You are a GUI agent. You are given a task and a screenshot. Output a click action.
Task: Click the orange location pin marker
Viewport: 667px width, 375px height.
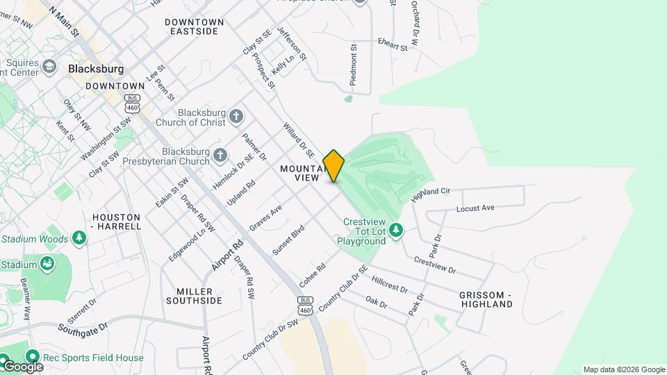coord(333,166)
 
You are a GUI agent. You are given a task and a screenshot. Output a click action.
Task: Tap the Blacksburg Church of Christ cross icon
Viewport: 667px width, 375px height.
coord(237,116)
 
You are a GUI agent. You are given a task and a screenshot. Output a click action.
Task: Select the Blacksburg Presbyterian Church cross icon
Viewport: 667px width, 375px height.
coord(220,155)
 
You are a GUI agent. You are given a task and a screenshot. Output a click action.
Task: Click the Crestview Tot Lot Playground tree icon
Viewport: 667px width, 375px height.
coord(396,229)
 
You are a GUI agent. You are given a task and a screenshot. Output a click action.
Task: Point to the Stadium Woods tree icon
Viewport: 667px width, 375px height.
coord(80,238)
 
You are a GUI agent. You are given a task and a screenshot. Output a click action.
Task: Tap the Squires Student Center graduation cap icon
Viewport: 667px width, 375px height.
coord(49,66)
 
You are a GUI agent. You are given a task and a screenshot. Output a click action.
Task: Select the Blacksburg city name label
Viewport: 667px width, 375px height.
coord(96,69)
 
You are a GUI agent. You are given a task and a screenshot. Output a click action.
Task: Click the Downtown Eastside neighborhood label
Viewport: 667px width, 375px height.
coord(195,26)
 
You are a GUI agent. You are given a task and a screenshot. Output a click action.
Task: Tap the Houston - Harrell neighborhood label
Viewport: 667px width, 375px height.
coord(117,222)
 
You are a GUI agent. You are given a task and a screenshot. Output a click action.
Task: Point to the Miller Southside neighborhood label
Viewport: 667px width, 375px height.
coord(194,296)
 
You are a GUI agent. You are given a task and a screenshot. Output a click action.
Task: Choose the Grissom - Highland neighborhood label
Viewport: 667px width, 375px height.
coord(486,299)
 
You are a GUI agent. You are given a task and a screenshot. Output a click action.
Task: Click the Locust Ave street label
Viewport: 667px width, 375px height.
coord(475,208)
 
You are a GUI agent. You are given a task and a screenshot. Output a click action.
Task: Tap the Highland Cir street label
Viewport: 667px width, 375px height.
coord(431,194)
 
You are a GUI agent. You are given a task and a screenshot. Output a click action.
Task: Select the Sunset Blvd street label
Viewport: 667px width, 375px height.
coord(288,240)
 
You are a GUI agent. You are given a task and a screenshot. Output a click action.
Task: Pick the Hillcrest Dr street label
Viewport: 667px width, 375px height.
coord(389,284)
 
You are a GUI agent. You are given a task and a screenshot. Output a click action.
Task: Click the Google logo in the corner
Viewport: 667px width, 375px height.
coord(22,366)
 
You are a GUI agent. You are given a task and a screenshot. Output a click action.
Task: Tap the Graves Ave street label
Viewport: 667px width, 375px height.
coord(265,217)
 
